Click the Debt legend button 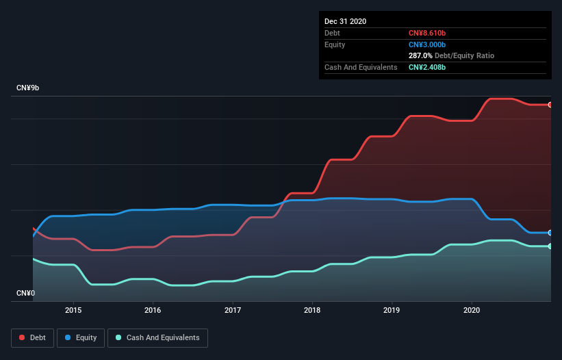coord(31,337)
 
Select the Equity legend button coord(81,337)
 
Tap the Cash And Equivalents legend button coord(157,337)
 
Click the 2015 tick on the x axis coord(73,310)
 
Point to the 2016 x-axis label coord(153,310)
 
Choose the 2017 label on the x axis coord(233,310)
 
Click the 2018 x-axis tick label coord(312,310)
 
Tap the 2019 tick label coord(392,310)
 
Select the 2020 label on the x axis coord(472,310)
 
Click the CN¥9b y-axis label coord(28,88)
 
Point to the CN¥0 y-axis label coord(25,294)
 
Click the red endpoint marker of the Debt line coord(550,105)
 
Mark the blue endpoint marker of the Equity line coord(550,233)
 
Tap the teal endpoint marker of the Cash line coord(550,246)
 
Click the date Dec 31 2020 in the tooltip coord(346,21)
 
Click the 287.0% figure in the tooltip coord(421,55)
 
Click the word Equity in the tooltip coord(335,44)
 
